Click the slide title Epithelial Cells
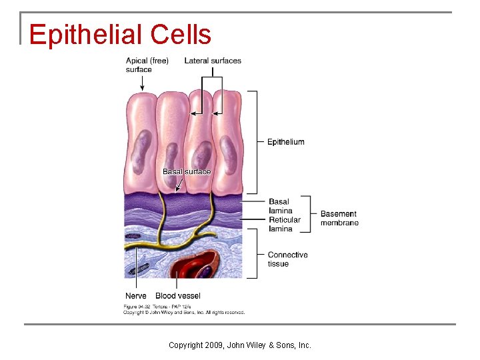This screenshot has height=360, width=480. tap(120, 35)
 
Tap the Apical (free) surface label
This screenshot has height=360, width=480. tap(147, 65)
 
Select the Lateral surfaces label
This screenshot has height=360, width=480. tap(213, 61)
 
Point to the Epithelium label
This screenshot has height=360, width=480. tap(285, 142)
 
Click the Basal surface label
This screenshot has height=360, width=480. tap(186, 171)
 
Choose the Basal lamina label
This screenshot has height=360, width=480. tap(280, 206)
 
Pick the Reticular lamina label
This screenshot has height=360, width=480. tap(285, 224)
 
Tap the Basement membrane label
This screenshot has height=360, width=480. tap(339, 219)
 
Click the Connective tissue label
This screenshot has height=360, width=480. tap(287, 259)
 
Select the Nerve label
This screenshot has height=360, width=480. tap(136, 296)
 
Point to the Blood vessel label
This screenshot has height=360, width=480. tap(178, 296)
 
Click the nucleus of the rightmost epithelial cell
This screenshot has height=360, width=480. tap(227, 149)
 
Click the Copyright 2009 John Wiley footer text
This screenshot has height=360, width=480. tap(240, 345)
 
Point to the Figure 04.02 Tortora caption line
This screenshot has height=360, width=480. tap(156, 306)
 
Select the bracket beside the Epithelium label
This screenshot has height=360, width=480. tap(255, 141)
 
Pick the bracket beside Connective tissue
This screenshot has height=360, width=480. tap(255, 253)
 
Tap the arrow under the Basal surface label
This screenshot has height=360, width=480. tap(178, 184)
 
